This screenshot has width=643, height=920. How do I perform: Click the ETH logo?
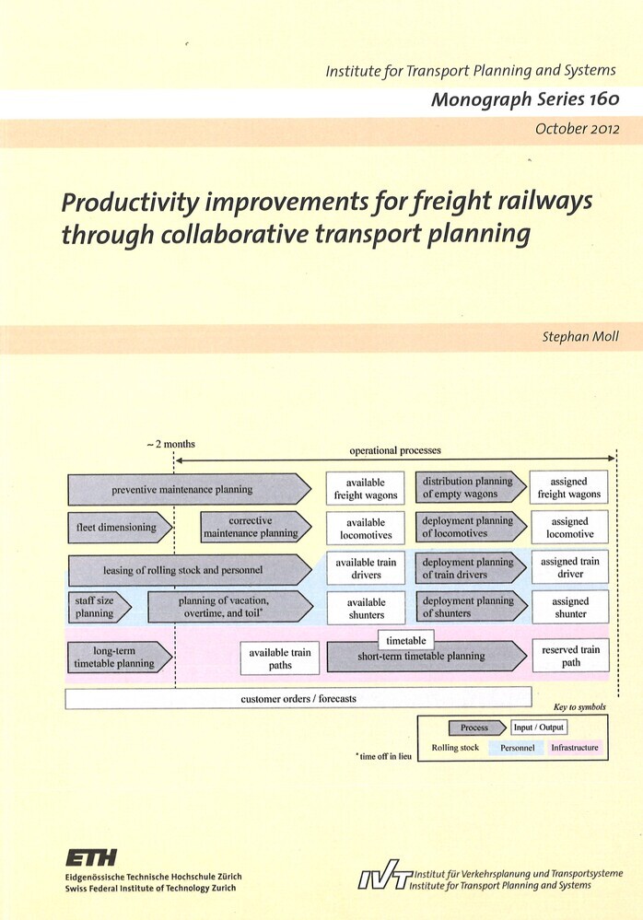coord(91,857)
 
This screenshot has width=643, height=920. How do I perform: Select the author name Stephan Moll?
coord(580,337)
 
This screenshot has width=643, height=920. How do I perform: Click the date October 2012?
coord(578,129)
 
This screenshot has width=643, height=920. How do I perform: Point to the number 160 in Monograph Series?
coord(604,99)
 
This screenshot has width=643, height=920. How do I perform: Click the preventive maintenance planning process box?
coord(190,489)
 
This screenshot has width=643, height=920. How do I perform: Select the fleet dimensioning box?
coord(121,527)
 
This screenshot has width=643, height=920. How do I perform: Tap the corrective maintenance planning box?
coord(256,527)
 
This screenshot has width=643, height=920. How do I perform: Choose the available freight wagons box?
coord(366,488)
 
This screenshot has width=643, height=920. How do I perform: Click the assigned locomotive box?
coord(569,528)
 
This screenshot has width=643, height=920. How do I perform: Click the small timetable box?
coord(406,640)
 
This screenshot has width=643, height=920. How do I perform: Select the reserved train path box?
coord(571,656)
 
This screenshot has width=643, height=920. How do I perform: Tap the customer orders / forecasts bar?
coord(298,698)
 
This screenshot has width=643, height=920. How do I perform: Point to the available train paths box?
coord(280,658)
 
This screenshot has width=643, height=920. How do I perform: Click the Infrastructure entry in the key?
coord(574,748)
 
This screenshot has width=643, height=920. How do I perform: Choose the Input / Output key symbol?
coord(539,728)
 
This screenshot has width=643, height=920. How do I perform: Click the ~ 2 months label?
coord(170,444)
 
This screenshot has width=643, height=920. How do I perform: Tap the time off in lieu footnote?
coord(384,756)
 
